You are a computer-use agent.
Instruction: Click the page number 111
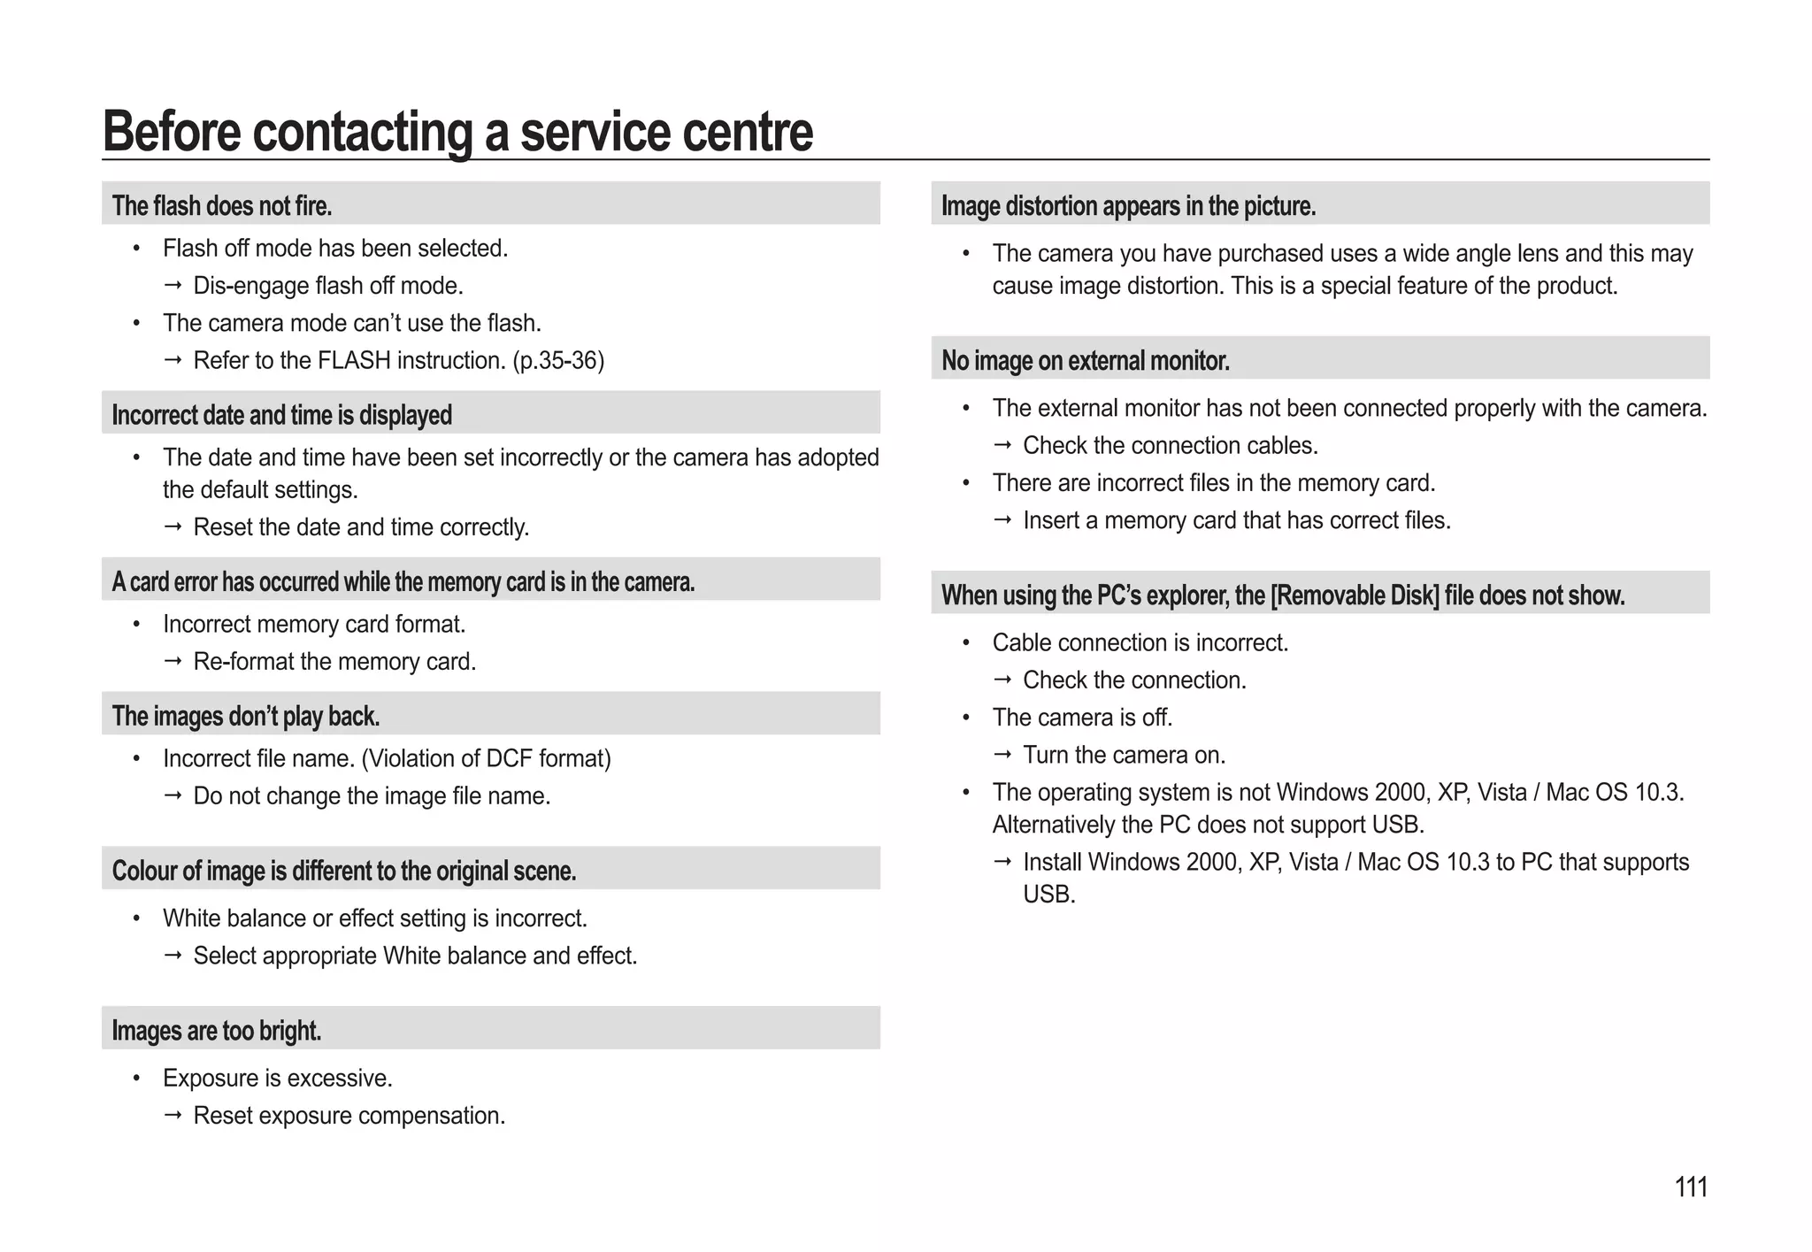tap(1691, 1187)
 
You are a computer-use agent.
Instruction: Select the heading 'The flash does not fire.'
tap(221, 206)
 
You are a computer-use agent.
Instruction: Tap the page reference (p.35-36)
tap(558, 361)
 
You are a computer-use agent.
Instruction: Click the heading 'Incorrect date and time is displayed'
tap(281, 415)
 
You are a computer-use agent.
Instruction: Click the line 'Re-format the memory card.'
tap(334, 662)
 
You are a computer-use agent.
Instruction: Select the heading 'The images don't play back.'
tap(245, 716)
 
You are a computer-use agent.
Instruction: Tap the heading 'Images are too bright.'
tap(216, 1031)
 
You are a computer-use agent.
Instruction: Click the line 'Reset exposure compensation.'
tap(349, 1116)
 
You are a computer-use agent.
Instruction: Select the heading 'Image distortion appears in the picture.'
tap(1128, 206)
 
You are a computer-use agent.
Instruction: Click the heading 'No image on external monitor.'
tap(1085, 361)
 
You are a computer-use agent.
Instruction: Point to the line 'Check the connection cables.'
tap(1170, 446)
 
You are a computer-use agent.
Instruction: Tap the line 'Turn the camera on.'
tap(1124, 756)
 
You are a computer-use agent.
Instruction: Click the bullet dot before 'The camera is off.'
tap(966, 718)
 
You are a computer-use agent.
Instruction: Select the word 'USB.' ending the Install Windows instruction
tap(1048, 895)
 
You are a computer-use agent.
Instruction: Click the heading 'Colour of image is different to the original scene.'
tap(343, 872)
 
